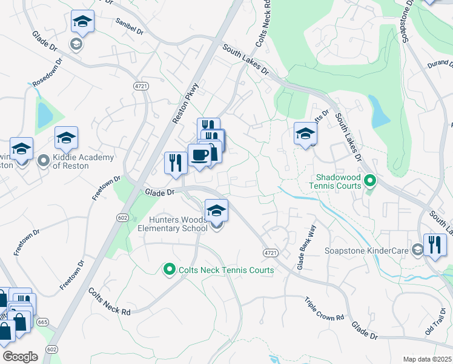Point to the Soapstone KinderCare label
click(x=376, y=249)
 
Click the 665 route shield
click(x=42, y=322)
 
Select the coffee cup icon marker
click(x=199, y=155)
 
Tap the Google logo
click(x=19, y=357)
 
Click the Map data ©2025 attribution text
click(x=426, y=359)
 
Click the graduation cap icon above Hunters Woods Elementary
click(x=217, y=211)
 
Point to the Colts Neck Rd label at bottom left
click(x=110, y=302)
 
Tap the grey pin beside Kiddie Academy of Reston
click(x=43, y=161)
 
